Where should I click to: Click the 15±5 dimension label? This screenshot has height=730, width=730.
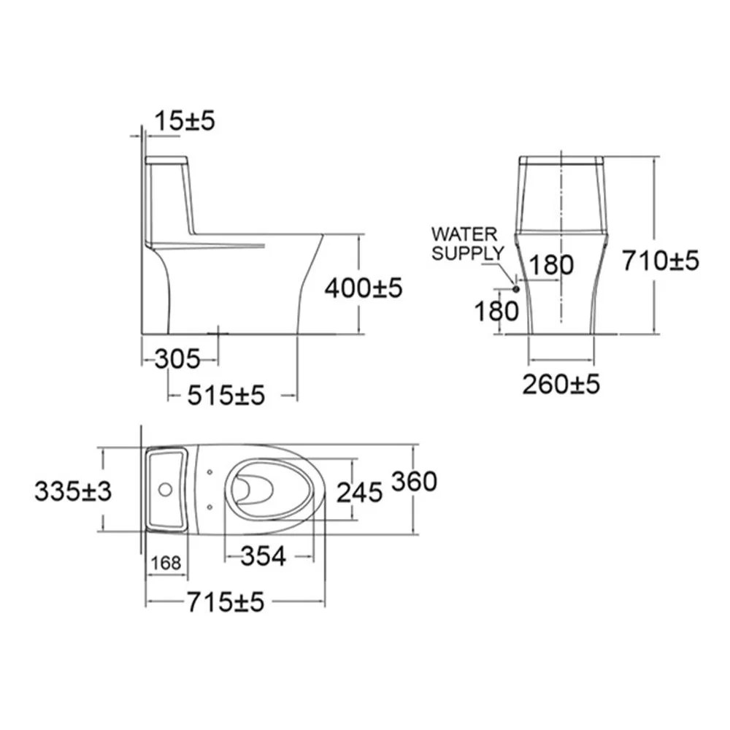coord(185,120)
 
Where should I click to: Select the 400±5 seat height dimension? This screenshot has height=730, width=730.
coord(363,288)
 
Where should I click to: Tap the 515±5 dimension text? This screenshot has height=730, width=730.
coord(226,396)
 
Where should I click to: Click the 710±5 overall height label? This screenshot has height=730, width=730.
coord(660,259)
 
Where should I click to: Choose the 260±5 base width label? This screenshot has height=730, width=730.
coord(561,383)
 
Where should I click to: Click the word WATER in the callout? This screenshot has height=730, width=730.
coord(464,235)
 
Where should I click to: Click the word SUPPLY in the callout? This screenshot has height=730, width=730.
coord(467,253)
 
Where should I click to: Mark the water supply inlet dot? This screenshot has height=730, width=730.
coord(516,289)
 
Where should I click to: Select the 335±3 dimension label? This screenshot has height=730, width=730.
coord(72,491)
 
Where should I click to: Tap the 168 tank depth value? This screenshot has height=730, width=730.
coord(166,564)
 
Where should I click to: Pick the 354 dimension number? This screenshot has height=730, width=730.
coord(263,556)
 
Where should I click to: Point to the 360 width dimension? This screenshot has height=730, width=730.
coord(414,481)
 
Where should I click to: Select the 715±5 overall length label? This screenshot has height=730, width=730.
coord(224,602)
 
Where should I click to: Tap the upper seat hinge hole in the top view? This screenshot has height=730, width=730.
coord(210,472)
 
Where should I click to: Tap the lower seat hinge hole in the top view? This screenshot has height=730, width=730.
coord(210,505)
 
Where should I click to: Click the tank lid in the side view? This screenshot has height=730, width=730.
coord(167,160)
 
